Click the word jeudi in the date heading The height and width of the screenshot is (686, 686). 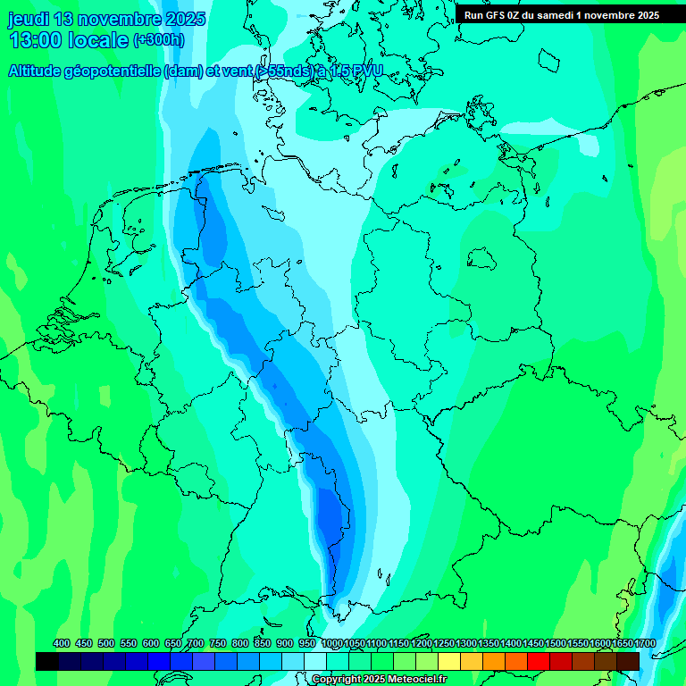tap(29, 18)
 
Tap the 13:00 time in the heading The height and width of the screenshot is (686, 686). tap(36, 40)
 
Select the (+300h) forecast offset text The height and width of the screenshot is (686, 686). tap(159, 40)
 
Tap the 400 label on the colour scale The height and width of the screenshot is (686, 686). tap(62, 644)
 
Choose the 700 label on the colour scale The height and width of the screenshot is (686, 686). tap(196, 644)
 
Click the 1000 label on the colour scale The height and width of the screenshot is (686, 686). tap(332, 644)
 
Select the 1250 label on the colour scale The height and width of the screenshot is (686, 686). tap(444, 644)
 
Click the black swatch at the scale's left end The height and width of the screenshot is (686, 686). tap(47, 661)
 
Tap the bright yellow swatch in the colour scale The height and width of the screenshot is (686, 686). tap(449, 661)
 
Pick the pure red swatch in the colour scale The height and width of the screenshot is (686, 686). tap(539, 661)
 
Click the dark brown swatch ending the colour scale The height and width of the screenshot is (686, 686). tap(628, 661)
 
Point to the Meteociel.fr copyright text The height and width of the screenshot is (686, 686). tap(412, 680)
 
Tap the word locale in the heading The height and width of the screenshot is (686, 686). tap(97, 40)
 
